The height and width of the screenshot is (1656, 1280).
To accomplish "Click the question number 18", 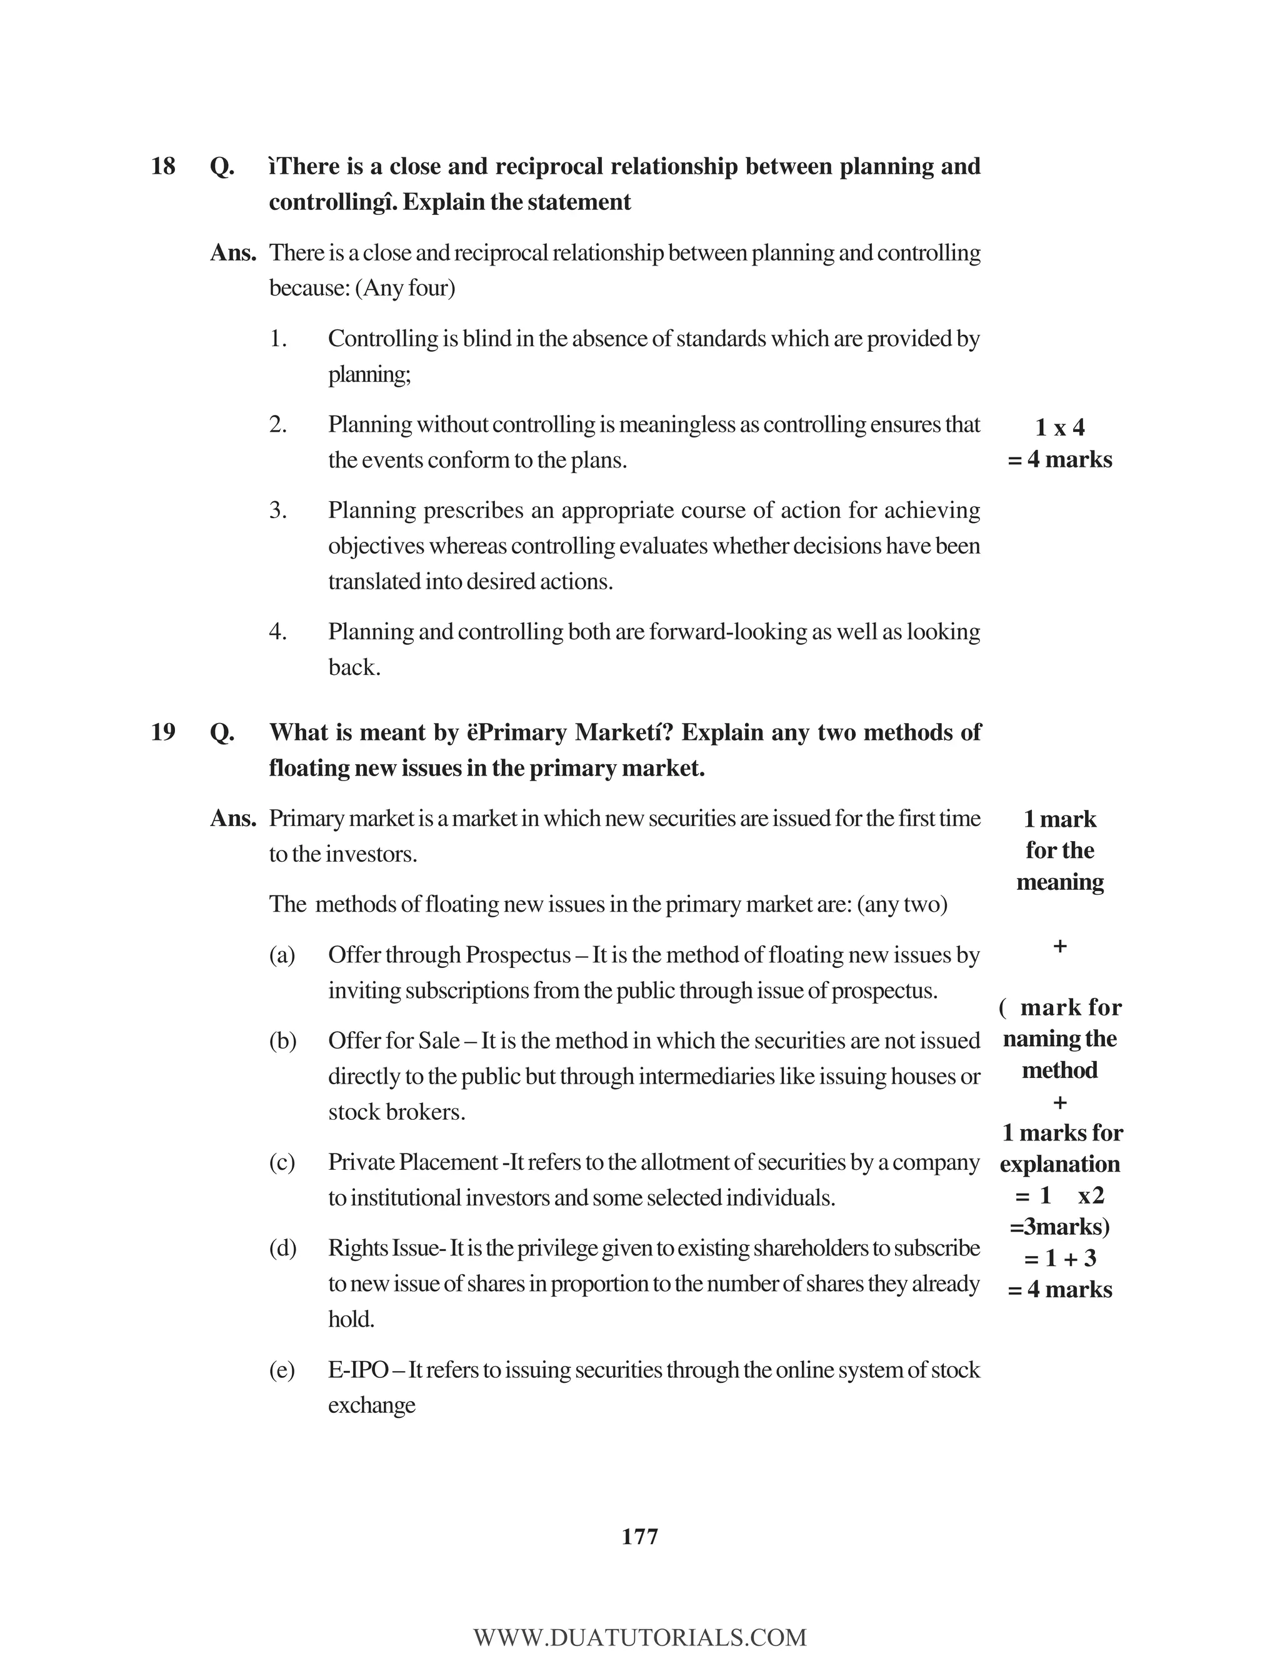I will pyautogui.click(x=163, y=166).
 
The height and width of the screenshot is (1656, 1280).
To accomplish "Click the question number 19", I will pyautogui.click(x=163, y=732).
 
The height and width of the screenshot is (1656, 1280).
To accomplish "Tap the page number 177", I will pyautogui.click(x=639, y=1537).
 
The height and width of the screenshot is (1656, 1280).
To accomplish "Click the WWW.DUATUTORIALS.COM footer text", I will pyautogui.click(x=639, y=1637).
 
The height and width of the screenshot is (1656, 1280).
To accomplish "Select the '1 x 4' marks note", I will pyautogui.click(x=1059, y=427).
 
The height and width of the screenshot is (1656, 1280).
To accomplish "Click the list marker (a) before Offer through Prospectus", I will pyautogui.click(x=282, y=955).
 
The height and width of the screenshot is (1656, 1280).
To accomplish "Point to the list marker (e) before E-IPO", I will pyautogui.click(x=282, y=1370).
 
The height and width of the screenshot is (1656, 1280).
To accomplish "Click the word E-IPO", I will pyautogui.click(x=358, y=1370).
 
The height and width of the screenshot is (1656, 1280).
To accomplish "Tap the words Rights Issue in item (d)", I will pyautogui.click(x=383, y=1248).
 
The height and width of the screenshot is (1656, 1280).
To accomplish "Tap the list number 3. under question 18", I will pyautogui.click(x=277, y=511).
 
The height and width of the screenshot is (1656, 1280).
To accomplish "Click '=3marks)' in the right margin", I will pyautogui.click(x=1059, y=1227).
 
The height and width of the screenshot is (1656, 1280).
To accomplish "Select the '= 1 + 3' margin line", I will pyautogui.click(x=1059, y=1259).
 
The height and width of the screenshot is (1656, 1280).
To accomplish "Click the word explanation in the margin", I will pyautogui.click(x=1059, y=1164).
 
